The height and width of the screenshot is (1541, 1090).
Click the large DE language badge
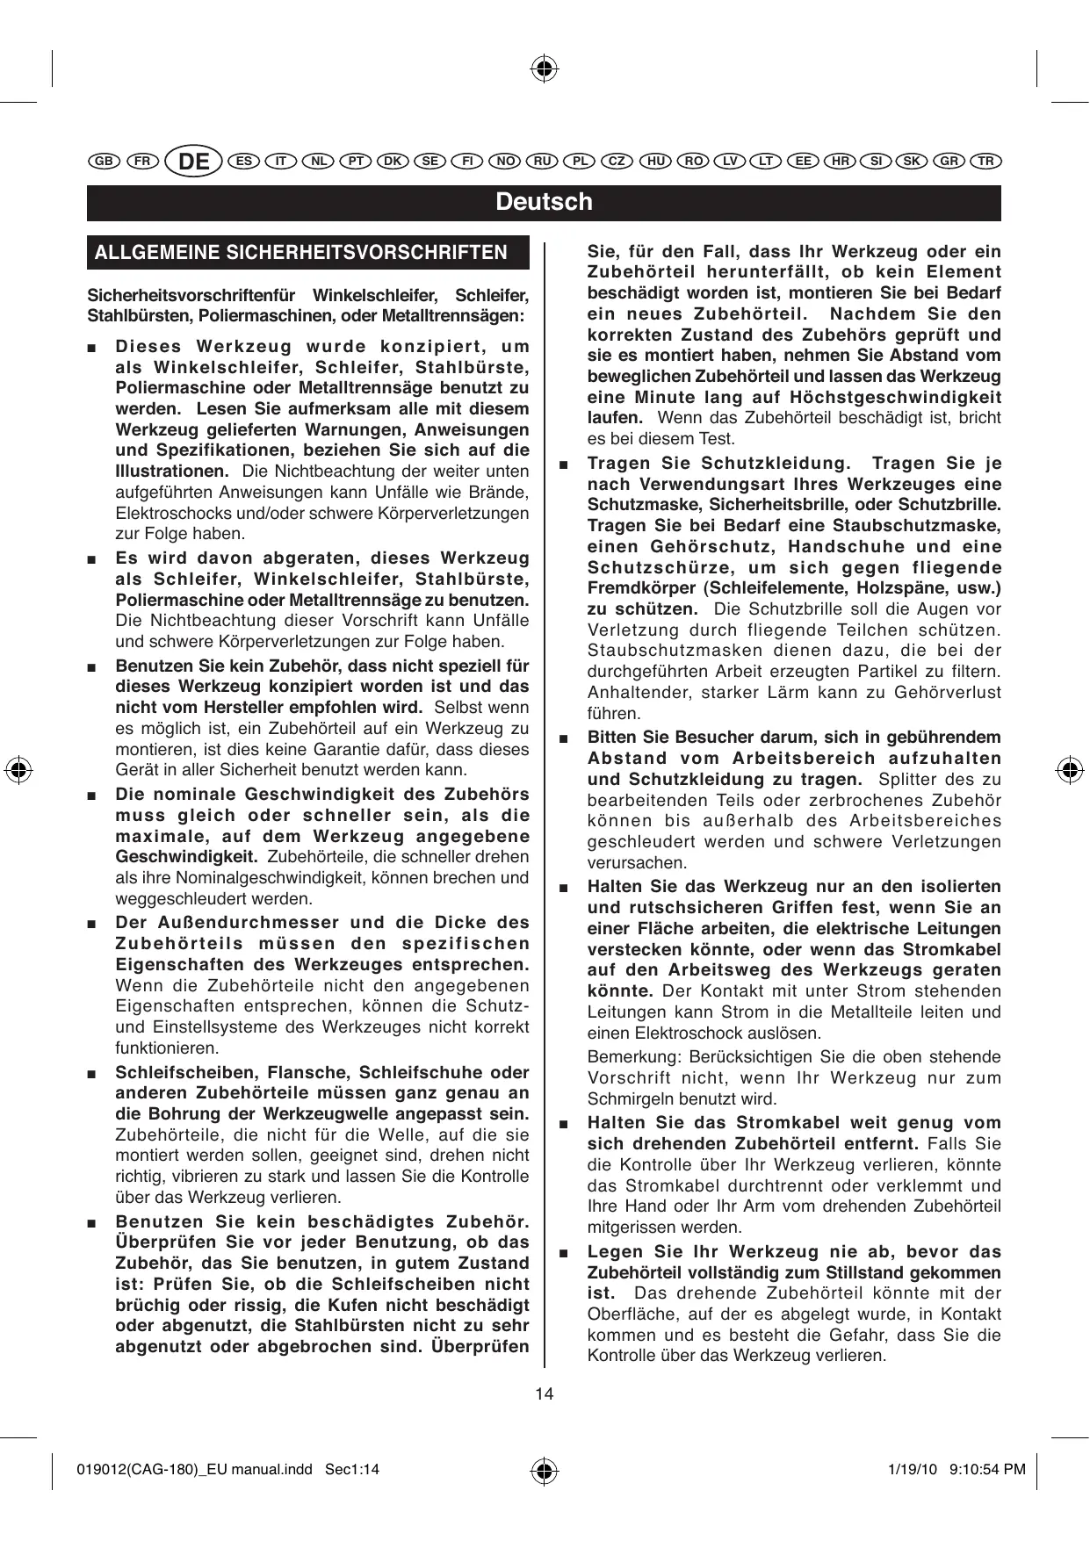click(194, 162)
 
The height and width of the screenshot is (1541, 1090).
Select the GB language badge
click(104, 162)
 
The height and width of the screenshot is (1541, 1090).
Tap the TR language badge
click(986, 162)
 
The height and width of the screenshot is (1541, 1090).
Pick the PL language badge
click(580, 162)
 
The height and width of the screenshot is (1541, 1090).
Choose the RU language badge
click(542, 162)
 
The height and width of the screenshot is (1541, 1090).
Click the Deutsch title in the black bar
click(544, 202)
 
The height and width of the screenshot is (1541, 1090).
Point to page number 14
click(545, 1393)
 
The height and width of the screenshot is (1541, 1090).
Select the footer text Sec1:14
click(352, 1469)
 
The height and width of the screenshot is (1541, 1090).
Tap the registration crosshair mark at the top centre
click(545, 68)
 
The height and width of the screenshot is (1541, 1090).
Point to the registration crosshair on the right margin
click(1070, 770)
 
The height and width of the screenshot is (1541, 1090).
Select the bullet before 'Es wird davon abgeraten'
click(91, 559)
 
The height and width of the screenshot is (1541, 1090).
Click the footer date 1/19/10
click(913, 1469)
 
